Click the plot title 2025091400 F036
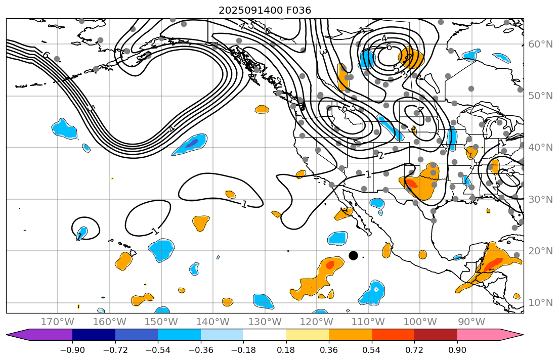pyautogui.click(x=265, y=10)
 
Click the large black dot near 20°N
pyautogui.click(x=353, y=255)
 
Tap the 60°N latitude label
pyautogui.click(x=540, y=44)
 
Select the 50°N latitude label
pyautogui.click(x=540, y=96)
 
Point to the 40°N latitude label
pyautogui.click(x=540, y=148)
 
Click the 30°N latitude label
pyautogui.click(x=540, y=199)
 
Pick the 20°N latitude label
pyautogui.click(x=540, y=251)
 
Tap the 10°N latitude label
pyautogui.click(x=540, y=303)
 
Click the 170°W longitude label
pyautogui.click(x=58, y=322)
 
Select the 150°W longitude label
pyautogui.click(x=161, y=322)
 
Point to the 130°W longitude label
pyautogui.click(x=265, y=322)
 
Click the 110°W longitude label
pyautogui.click(x=368, y=322)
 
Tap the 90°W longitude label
pyautogui.click(x=471, y=322)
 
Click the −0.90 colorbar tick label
pyautogui.click(x=72, y=350)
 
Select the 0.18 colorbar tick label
pyautogui.click(x=286, y=350)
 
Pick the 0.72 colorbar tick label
pyautogui.click(x=414, y=350)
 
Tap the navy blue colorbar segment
pyautogui.click(x=94, y=335)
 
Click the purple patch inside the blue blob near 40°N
pyautogui.click(x=191, y=144)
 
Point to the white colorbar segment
pyautogui.click(x=265, y=335)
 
